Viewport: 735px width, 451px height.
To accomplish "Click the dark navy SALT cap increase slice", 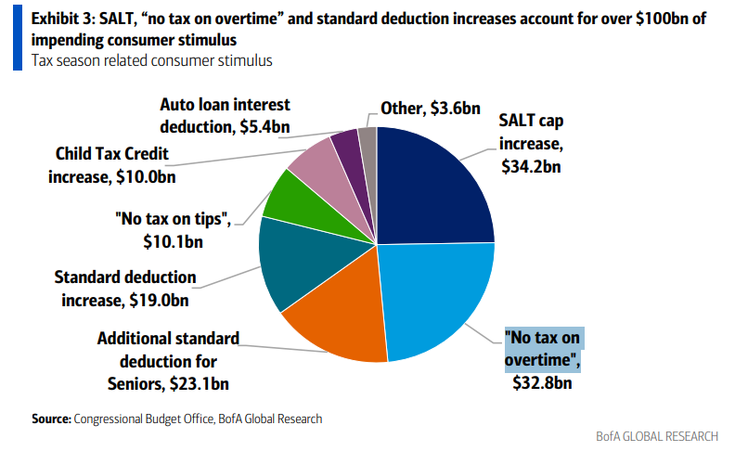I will point(432,186).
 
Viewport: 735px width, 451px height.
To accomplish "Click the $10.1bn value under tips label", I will point(173,242).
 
